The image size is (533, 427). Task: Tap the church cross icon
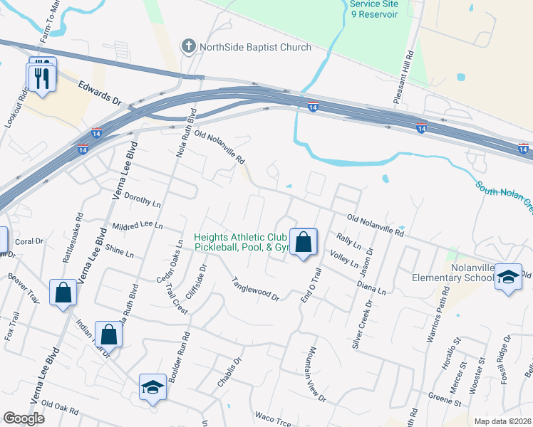(x=188, y=47)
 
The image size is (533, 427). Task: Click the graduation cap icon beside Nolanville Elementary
(x=508, y=278)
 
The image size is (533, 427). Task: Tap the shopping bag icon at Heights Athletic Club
(x=304, y=242)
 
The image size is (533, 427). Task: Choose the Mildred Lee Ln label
(x=138, y=225)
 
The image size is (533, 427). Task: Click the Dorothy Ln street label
(x=143, y=199)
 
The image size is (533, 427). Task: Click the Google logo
(x=24, y=418)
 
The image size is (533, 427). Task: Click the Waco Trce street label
(x=273, y=418)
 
